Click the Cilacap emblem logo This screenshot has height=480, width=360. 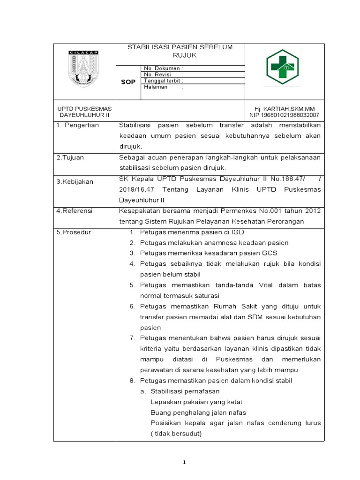pos(84,68)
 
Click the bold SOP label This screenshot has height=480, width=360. pos(128,82)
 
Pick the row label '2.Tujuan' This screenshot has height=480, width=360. pos(70,157)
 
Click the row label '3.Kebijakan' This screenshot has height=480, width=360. pos(74,181)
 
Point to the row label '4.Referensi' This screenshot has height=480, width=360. pos(74,211)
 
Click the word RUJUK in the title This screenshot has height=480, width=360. pos(180,55)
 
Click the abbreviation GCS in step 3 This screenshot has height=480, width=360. pos(270,253)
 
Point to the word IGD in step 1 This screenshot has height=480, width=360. pos(237,232)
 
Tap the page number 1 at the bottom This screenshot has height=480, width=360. pos(184,462)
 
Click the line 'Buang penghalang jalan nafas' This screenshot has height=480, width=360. pos(198,412)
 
